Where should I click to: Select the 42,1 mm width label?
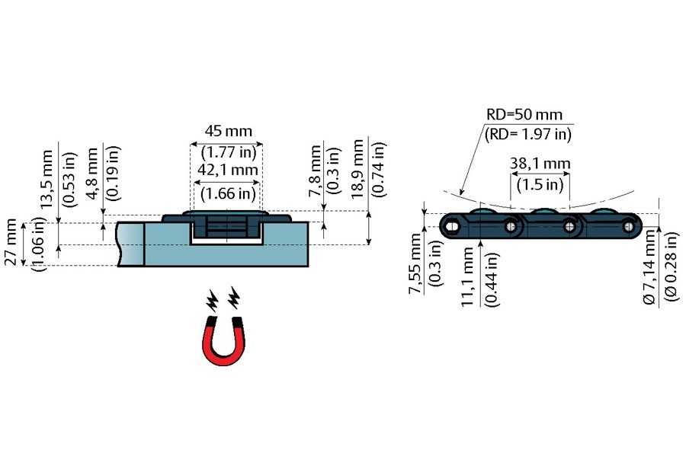click(226, 171)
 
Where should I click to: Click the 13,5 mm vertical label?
click(47, 176)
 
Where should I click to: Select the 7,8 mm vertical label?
click(316, 172)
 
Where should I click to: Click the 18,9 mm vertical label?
click(357, 171)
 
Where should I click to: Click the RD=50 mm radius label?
click(524, 115)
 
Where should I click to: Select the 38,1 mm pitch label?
click(540, 163)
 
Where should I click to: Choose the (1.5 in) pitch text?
click(540, 183)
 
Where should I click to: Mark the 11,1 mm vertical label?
click(467, 277)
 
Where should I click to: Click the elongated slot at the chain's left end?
click(453, 225)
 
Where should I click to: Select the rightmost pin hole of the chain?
click(628, 225)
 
